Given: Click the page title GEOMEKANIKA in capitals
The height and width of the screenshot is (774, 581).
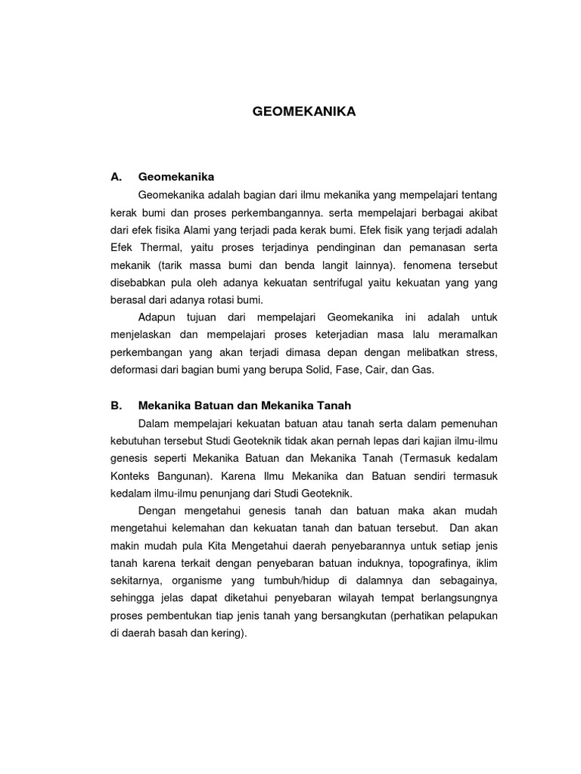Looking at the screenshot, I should point(303,112).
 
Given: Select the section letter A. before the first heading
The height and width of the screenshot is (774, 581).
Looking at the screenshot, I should point(116,177).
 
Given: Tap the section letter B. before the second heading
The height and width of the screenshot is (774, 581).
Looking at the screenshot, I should point(116,405).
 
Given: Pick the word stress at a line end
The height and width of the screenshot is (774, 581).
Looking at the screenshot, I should point(480,352).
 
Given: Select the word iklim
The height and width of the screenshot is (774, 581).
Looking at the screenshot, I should point(484,563).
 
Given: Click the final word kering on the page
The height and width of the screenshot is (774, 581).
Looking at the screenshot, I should point(229,633).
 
